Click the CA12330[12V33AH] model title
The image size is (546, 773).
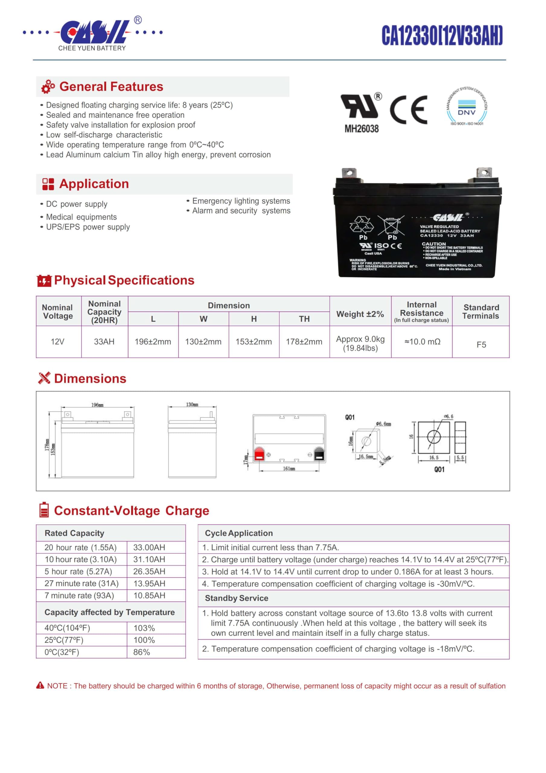coord(442,35)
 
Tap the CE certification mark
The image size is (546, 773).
coord(408,110)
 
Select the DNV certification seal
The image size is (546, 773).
coord(467,107)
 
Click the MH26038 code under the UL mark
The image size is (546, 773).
coord(361,129)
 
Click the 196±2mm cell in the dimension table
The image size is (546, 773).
coord(153,342)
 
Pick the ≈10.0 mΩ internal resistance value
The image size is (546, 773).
coord(422,342)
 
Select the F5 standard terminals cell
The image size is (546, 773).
coord(481,345)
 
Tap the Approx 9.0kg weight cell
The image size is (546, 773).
coord(360,343)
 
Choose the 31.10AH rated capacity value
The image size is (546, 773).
coord(149,560)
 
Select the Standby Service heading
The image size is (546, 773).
coord(236,598)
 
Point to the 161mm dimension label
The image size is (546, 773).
coord(289,469)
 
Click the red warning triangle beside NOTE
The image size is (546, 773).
coord(40,685)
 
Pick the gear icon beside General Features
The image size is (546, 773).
coord(48,87)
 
